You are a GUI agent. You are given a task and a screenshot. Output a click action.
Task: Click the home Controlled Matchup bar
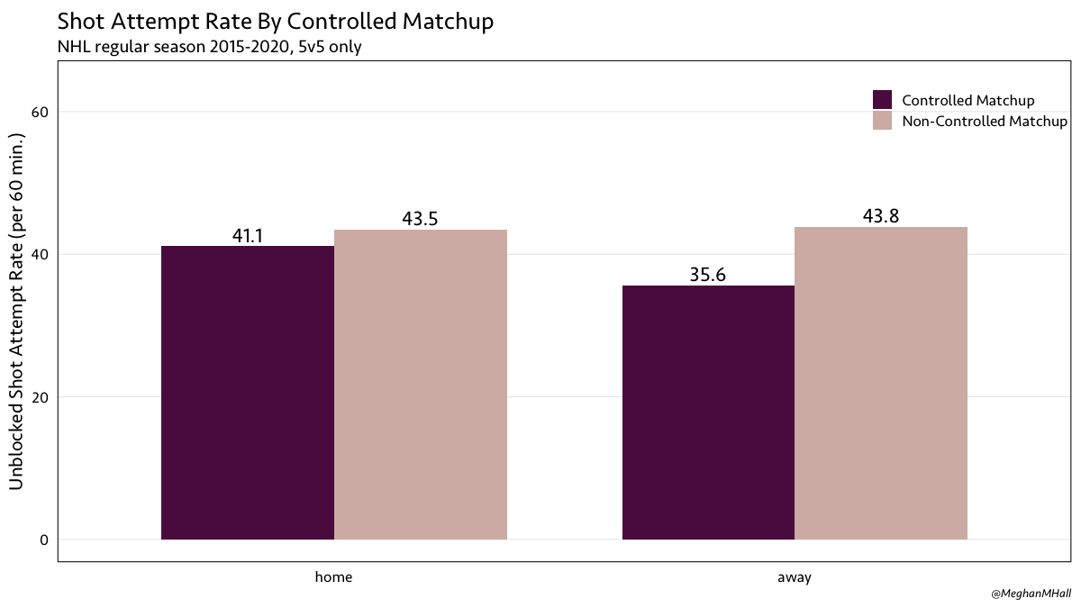click(248, 393)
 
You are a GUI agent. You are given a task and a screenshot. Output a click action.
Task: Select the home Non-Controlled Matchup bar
click(421, 385)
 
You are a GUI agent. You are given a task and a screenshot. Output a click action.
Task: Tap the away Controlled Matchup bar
click(708, 413)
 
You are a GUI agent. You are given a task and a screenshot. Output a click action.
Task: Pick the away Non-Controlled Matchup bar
click(881, 383)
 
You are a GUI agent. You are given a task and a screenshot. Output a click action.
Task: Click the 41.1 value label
click(248, 236)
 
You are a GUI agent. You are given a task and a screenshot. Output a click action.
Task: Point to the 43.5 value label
click(421, 219)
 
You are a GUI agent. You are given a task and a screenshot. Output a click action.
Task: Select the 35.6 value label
click(708, 276)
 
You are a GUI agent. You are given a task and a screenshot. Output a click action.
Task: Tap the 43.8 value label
click(881, 216)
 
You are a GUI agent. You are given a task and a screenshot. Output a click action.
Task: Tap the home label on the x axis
click(334, 577)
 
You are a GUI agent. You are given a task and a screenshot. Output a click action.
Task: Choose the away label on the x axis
click(795, 577)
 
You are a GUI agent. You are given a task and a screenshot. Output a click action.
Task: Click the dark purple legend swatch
click(883, 100)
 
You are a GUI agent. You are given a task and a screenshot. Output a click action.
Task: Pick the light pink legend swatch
click(883, 121)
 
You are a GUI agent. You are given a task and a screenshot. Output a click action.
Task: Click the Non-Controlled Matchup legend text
click(985, 121)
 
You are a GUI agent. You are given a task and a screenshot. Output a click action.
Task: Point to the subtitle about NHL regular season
click(209, 47)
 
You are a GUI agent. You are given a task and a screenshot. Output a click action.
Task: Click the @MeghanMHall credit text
click(1030, 594)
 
